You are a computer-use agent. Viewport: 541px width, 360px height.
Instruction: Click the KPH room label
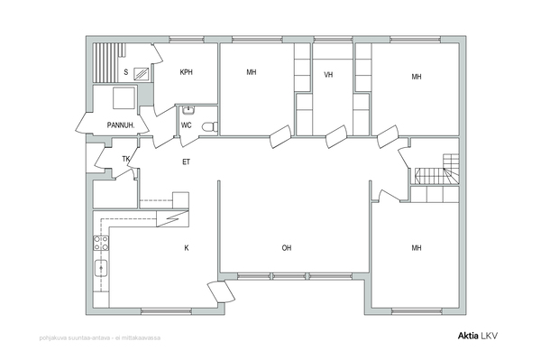point(187,72)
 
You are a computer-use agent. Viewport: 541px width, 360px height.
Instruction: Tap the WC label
point(186,125)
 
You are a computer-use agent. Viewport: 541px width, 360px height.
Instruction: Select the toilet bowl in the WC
point(209,127)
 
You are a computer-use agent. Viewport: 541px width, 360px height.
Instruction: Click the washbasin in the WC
point(188,110)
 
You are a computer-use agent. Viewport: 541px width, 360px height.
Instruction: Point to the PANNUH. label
point(121,125)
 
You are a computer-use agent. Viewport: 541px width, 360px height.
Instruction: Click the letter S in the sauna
point(126,72)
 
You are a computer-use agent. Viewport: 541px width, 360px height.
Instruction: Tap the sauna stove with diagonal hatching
point(142,73)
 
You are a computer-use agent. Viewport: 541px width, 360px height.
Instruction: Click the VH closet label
point(328,75)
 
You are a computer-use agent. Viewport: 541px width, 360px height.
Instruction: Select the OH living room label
point(287,248)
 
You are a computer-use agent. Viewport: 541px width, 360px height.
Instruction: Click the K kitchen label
point(187,248)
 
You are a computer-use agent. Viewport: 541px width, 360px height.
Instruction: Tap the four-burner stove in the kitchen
point(101,243)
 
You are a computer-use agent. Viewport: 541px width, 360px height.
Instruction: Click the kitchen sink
point(101,269)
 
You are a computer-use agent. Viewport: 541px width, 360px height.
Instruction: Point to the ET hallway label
point(186,162)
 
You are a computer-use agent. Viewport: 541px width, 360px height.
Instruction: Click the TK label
point(126,159)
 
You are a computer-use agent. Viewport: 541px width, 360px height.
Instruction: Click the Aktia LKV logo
point(478,336)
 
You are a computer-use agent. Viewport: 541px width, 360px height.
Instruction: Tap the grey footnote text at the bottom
point(100,337)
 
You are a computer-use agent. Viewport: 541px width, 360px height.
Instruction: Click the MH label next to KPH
point(252,72)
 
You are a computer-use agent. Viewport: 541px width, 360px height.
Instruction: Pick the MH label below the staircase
point(417,248)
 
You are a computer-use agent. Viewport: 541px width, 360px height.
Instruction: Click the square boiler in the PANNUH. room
point(124,98)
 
